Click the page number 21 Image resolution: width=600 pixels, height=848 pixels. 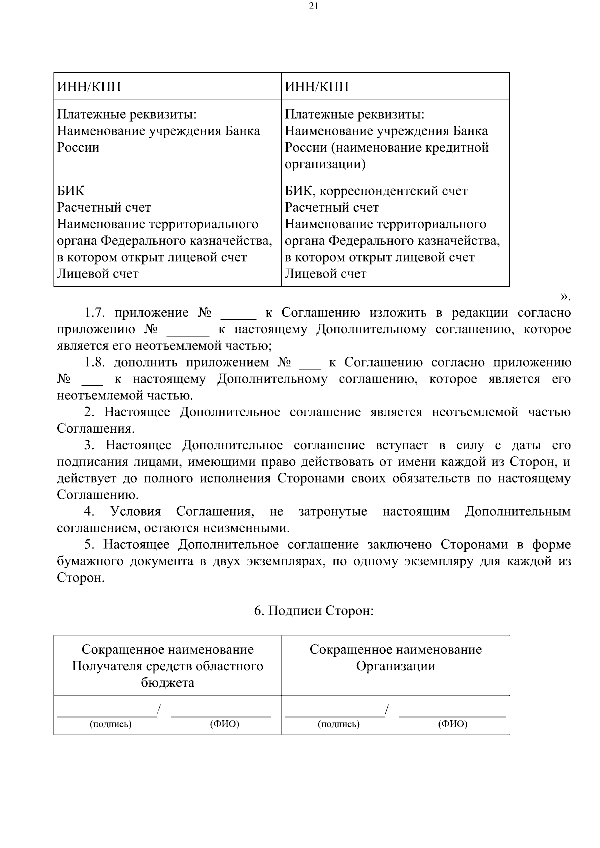pos(314,6)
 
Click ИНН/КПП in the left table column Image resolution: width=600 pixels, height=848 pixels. pos(89,87)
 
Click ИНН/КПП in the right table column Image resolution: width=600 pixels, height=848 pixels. pos(317,87)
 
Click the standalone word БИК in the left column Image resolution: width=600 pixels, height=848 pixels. pos(71,191)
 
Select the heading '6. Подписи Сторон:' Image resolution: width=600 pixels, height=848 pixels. pos(314,611)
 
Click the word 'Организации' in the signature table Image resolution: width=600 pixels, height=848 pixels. pos(395,666)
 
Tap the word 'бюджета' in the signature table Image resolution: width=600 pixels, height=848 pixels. pos(167,683)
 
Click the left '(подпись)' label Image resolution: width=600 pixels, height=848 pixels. pos(110,724)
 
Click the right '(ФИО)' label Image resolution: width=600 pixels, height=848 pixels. pos(452,724)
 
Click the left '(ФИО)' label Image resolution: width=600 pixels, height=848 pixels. pos(224,724)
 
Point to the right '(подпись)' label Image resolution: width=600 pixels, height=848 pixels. pos(338,724)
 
